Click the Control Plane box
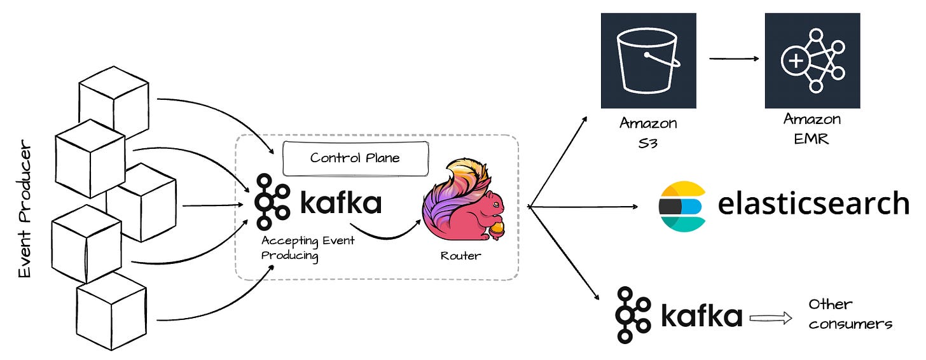[355, 158]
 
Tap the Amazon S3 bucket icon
[648, 60]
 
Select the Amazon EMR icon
[812, 60]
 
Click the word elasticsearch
[813, 204]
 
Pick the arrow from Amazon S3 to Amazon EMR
[734, 59]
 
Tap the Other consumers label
[850, 314]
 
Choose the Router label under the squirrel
[460, 256]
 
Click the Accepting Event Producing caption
[308, 248]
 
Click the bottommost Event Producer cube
[111, 311]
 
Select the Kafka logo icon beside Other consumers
[633, 315]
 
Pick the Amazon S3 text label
[648, 131]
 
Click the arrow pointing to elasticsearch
[585, 207]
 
